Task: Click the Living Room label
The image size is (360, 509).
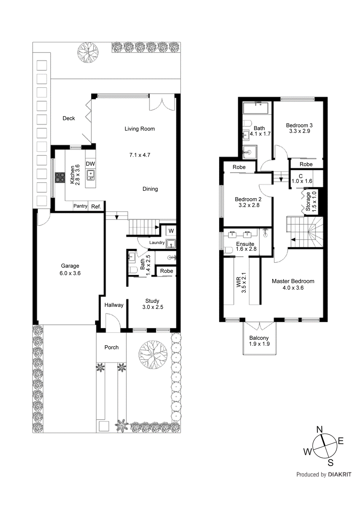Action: (x=139, y=129)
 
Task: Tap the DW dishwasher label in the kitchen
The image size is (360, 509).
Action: (x=90, y=164)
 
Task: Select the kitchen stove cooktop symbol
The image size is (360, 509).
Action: (x=60, y=178)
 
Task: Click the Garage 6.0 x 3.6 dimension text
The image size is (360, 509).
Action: (x=70, y=273)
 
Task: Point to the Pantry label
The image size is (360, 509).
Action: (x=80, y=206)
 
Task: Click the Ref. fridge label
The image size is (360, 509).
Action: (x=96, y=206)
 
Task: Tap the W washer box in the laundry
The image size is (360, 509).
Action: (x=171, y=231)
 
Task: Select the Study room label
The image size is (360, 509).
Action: (x=152, y=301)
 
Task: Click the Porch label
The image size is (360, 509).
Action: (x=111, y=347)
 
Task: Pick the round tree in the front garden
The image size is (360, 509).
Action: (x=153, y=355)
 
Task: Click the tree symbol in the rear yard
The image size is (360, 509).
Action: (x=88, y=52)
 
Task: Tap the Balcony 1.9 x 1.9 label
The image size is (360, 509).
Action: (x=259, y=341)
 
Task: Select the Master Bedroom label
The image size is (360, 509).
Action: (x=293, y=281)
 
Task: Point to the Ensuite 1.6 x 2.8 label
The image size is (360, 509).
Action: (x=245, y=246)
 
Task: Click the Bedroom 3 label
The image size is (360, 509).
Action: (x=299, y=125)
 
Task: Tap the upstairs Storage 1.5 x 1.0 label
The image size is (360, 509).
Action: (x=311, y=201)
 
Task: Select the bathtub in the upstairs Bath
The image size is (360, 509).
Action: (x=256, y=108)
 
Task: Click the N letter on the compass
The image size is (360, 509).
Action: (x=320, y=429)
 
